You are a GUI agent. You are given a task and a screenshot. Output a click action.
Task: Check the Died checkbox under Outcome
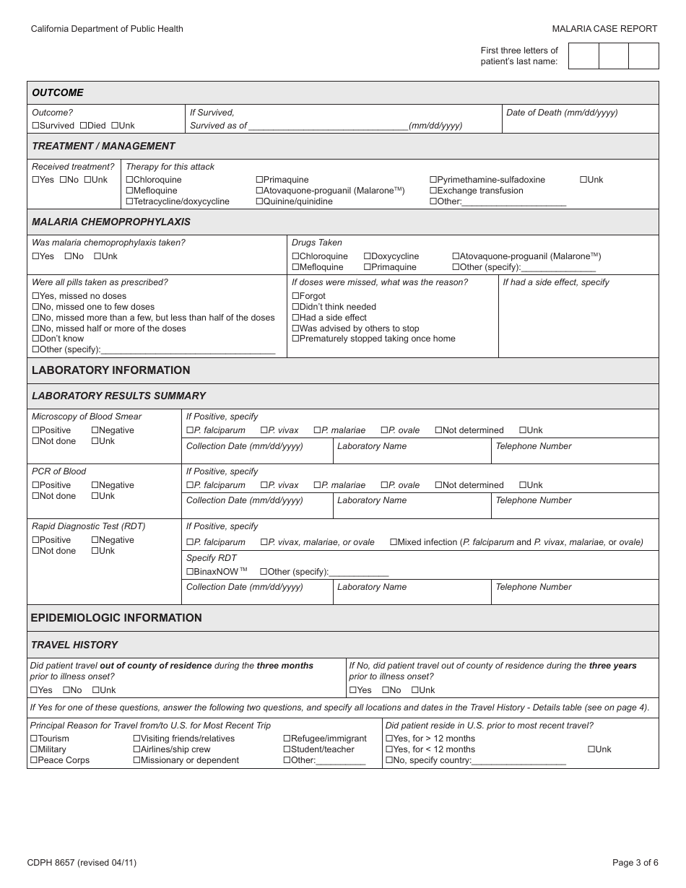coord(83,126)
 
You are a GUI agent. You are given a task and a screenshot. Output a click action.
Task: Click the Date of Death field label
coord(562,113)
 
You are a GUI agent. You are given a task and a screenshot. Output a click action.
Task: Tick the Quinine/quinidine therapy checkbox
coord(260,201)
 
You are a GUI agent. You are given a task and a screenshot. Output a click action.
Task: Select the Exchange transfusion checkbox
coord(433,191)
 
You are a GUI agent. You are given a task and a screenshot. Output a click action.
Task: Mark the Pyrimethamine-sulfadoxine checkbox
coord(433,180)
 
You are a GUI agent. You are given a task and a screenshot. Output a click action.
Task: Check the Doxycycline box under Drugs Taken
coord(368,256)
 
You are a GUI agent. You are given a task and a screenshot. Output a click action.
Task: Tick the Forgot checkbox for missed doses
coord(295,296)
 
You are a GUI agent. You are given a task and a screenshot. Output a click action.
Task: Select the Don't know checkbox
coord(35,339)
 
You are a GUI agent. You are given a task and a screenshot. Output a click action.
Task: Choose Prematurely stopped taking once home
coord(295,339)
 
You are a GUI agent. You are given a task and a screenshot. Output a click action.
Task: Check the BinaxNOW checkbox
coord(190,572)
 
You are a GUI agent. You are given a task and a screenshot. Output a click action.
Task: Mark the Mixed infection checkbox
coord(394,542)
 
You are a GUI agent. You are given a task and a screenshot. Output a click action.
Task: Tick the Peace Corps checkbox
coord(34,760)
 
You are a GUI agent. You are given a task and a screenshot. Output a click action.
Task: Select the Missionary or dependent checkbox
coord(136,760)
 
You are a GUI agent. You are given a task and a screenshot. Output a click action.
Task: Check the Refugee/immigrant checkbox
coord(287,739)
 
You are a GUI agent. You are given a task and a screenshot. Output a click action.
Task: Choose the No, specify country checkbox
coord(389,760)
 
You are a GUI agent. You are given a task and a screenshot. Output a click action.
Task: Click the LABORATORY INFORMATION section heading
coord(110,370)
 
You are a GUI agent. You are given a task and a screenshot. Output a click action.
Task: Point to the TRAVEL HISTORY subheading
coord(74,645)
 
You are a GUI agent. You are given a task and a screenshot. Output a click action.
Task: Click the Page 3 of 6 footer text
coord(635,862)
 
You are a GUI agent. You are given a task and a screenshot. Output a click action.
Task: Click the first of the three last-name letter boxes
coord(583,56)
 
